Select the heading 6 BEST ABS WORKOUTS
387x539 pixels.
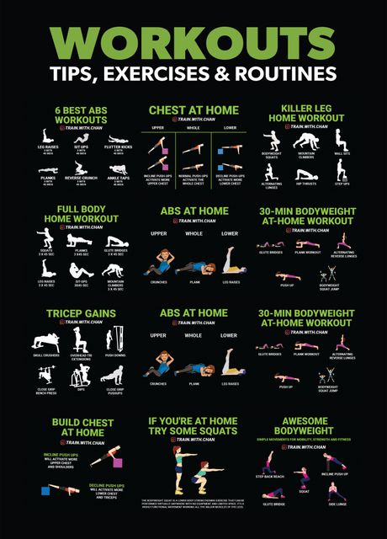pyautogui.click(x=81, y=115)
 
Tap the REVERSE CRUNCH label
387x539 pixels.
pyautogui.click(x=81, y=178)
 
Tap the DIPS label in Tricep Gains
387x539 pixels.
pyautogui.click(x=81, y=388)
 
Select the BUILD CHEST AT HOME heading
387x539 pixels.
pyautogui.click(x=82, y=427)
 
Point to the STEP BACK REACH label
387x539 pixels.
pyautogui.click(x=272, y=477)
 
